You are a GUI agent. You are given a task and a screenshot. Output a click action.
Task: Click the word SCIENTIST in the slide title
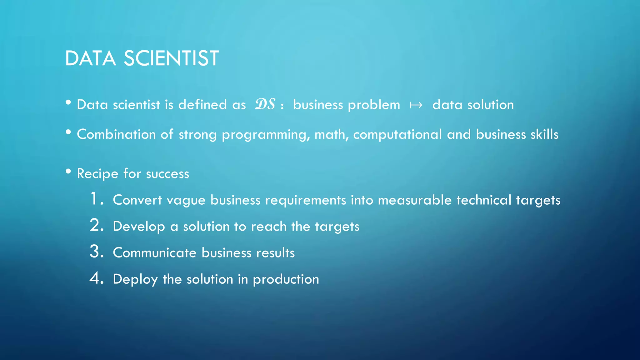(x=171, y=58)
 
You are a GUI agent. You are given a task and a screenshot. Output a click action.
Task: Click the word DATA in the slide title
(x=90, y=58)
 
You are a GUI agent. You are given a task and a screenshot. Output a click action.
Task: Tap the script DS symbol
(x=265, y=104)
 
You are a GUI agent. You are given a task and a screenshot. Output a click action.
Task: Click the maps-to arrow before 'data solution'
(x=416, y=105)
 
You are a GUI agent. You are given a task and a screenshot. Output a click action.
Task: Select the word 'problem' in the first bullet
(x=374, y=105)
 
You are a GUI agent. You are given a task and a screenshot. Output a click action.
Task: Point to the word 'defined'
(x=202, y=104)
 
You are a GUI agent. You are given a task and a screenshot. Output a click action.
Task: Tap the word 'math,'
(x=332, y=134)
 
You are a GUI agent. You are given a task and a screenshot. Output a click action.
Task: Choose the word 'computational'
(x=397, y=135)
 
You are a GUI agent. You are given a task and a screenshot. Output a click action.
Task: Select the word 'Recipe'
(x=97, y=174)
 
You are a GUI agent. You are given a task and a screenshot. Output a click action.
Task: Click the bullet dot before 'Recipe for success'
(x=68, y=171)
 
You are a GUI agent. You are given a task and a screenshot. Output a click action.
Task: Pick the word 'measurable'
(x=415, y=200)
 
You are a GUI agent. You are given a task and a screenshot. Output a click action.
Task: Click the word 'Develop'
(x=139, y=227)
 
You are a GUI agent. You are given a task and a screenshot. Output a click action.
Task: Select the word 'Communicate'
(x=154, y=253)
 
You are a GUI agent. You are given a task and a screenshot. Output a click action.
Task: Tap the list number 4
(x=95, y=278)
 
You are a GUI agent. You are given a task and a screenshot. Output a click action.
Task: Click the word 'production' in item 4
(x=286, y=279)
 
